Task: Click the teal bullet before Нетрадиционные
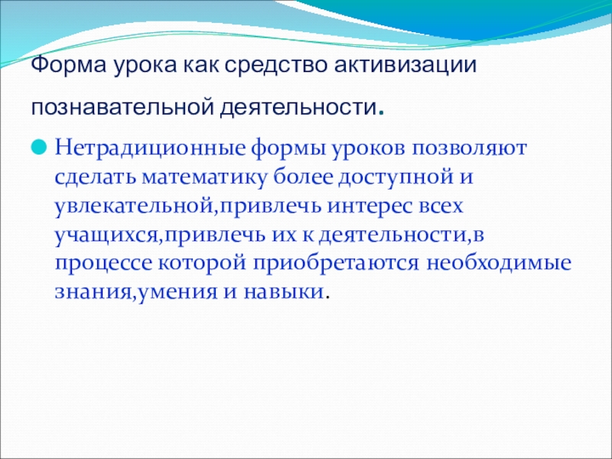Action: pos(39,148)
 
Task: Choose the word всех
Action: pos(441,207)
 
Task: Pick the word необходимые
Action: pos(499,263)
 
